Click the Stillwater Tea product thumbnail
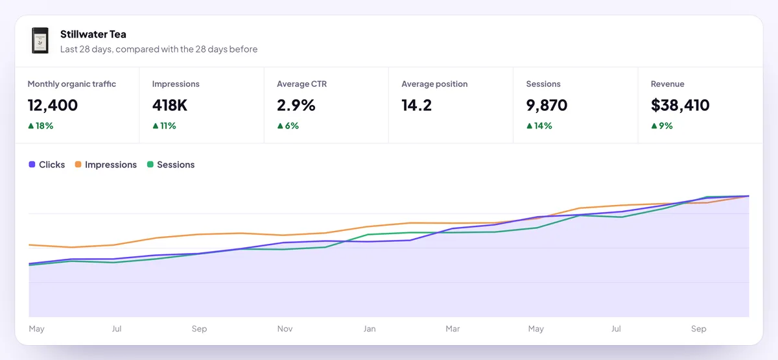click(40, 40)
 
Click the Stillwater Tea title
click(93, 34)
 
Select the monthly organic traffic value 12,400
click(53, 105)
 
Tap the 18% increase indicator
click(41, 126)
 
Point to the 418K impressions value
click(169, 105)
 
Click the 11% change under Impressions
click(164, 126)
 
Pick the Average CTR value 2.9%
click(296, 105)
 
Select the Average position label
click(434, 84)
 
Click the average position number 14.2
click(416, 105)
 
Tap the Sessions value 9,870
click(547, 105)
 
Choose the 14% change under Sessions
click(539, 126)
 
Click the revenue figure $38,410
click(680, 105)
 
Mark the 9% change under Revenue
click(662, 126)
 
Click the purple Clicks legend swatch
click(32, 164)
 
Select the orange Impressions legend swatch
click(78, 164)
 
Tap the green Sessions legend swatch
click(150, 164)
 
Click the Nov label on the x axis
click(285, 329)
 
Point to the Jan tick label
click(370, 329)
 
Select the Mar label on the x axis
click(453, 329)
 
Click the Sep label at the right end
click(698, 329)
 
